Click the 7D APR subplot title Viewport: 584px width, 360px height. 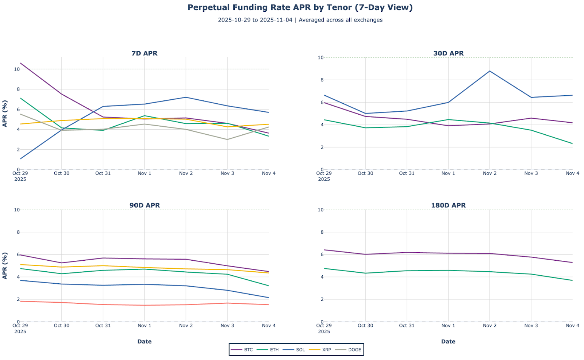tap(145, 53)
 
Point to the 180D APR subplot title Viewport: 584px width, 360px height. tap(448, 206)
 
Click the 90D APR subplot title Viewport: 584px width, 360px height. tap(145, 206)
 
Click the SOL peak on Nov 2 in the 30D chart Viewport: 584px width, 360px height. tap(489, 71)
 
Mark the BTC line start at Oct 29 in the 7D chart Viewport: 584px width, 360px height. tap(21, 63)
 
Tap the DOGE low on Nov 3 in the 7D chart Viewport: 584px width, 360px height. tap(227, 139)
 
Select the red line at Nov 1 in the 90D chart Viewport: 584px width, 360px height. tap(145, 305)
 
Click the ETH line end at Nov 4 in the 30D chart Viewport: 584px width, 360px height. tap(572, 143)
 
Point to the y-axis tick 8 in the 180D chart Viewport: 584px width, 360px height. tap(321, 232)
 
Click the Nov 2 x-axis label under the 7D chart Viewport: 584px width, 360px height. tap(186, 173)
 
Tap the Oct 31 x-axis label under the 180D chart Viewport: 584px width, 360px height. tap(407, 326)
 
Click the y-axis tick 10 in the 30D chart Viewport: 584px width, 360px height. tap(320, 58)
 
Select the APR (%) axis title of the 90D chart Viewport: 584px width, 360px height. tap(5, 265)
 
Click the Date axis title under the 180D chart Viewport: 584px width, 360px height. tap(448, 342)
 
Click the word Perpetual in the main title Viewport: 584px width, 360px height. tap(206, 8)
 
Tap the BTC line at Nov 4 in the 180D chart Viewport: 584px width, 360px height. tap(572, 262)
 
